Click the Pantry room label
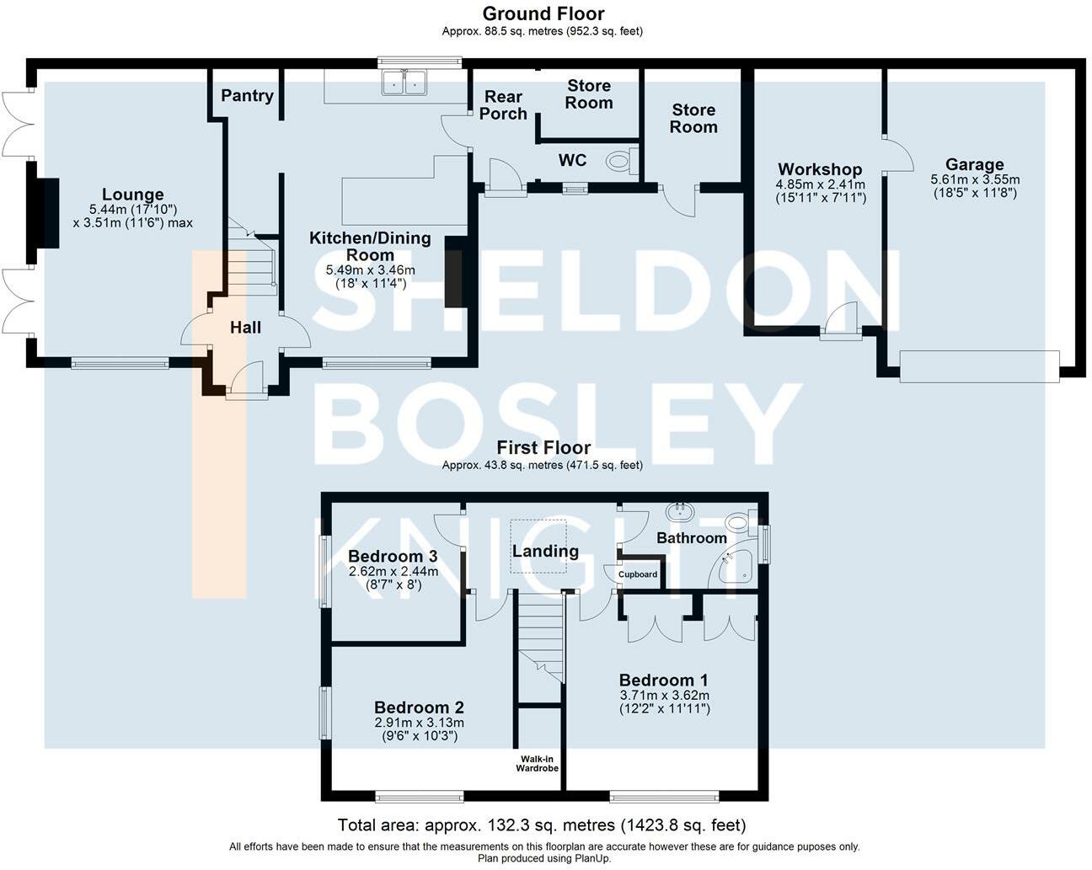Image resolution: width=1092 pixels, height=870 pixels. pyautogui.click(x=247, y=96)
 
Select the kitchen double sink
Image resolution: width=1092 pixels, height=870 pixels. pyautogui.click(x=404, y=83)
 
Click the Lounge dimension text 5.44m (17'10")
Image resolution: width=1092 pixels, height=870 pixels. pyautogui.click(x=133, y=209)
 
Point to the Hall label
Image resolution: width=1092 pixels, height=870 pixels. pyautogui.click(x=245, y=328)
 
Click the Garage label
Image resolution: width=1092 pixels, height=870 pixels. pyautogui.click(x=974, y=164)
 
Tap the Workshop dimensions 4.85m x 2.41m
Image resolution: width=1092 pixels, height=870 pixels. pyautogui.click(x=821, y=184)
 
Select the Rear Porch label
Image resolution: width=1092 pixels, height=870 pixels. pyautogui.click(x=503, y=105)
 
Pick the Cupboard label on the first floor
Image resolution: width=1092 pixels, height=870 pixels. pyautogui.click(x=638, y=574)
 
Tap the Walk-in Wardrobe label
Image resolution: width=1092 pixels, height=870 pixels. pyautogui.click(x=537, y=764)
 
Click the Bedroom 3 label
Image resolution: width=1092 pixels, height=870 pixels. pyautogui.click(x=393, y=557)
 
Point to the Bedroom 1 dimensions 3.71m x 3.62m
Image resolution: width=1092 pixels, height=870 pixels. pyautogui.click(x=664, y=695)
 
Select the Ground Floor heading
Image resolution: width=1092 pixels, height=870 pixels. pyautogui.click(x=543, y=13)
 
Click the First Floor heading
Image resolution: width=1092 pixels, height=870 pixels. pyautogui.click(x=543, y=447)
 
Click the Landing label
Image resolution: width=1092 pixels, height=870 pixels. pyautogui.click(x=545, y=552)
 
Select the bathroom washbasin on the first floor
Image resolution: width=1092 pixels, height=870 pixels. pyautogui.click(x=681, y=511)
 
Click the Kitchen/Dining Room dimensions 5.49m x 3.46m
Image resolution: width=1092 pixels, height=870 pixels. pyautogui.click(x=371, y=270)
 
